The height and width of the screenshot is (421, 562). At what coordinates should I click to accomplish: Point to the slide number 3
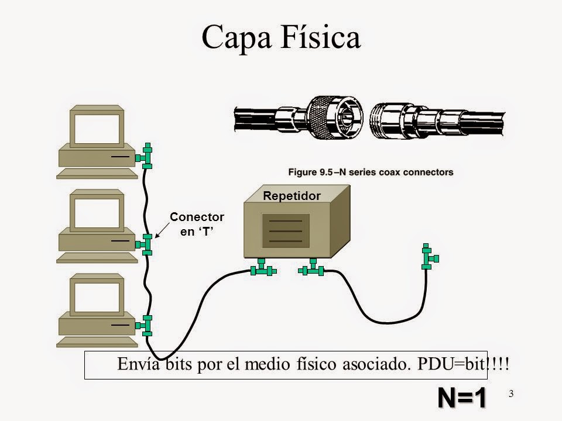[511, 394]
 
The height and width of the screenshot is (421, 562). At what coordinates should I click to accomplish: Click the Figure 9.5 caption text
[370, 172]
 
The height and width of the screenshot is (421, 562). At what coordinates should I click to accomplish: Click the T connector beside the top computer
[146, 156]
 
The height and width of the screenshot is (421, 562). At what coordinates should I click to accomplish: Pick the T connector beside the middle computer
[146, 243]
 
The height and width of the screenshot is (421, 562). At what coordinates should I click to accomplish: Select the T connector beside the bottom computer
[146, 325]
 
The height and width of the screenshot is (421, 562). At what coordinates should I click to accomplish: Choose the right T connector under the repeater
[311, 269]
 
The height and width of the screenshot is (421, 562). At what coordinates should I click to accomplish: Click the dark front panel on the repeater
[285, 231]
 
